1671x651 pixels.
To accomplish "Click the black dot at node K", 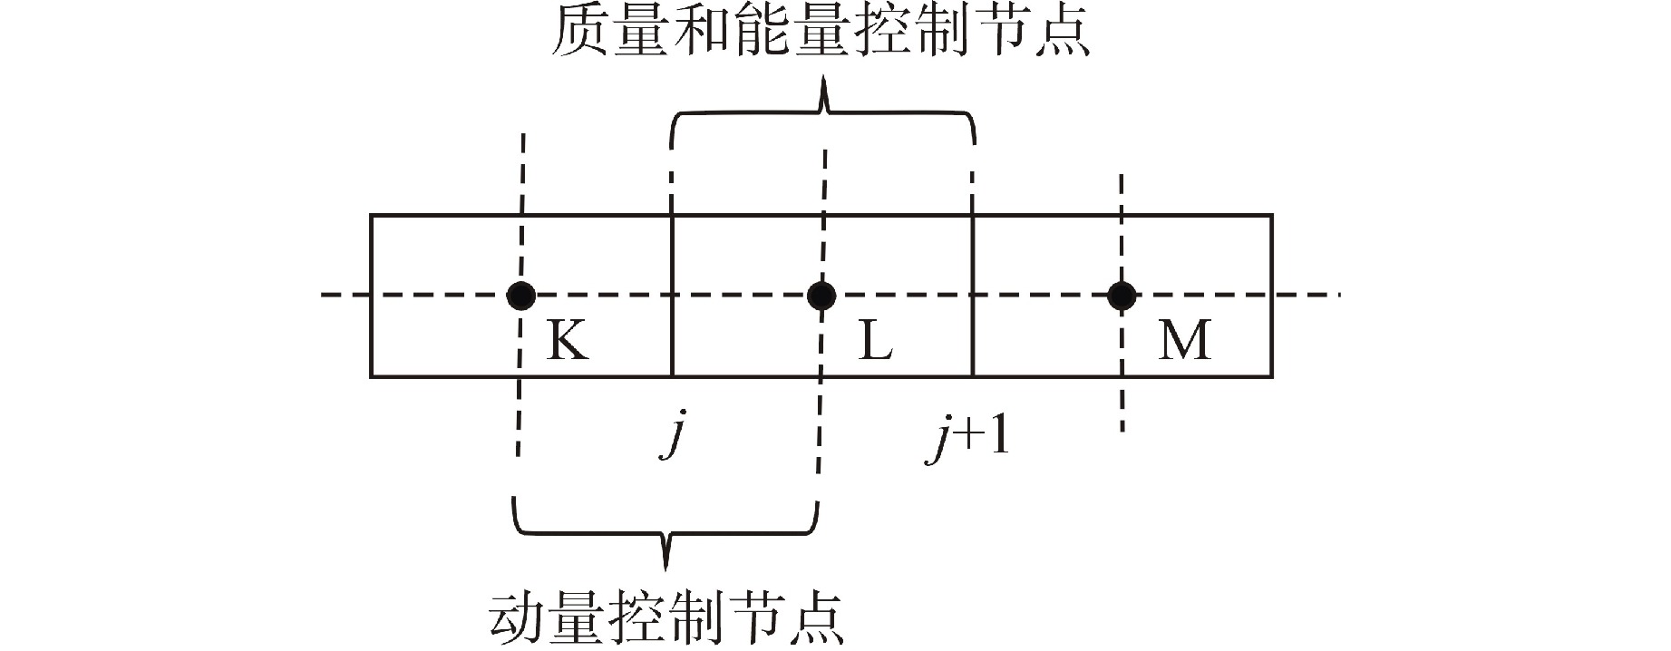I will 520,295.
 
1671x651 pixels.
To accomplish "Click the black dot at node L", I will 821,295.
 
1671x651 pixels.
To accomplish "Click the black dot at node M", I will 1122,295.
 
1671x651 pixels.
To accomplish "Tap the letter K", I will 567,342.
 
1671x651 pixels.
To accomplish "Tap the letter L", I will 875,342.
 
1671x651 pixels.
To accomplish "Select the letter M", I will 1184,342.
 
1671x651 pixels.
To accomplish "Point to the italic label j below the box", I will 671,437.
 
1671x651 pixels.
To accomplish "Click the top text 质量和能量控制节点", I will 821,34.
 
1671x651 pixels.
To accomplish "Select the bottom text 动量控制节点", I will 667,617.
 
